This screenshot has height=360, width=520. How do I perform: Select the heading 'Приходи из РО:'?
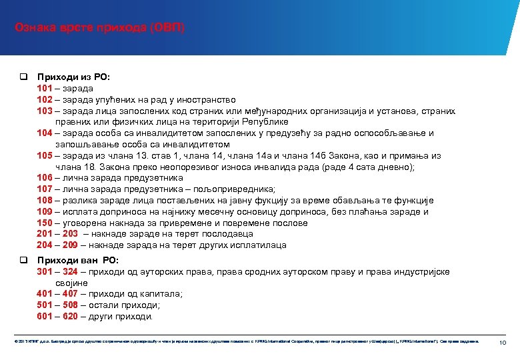(x=69, y=77)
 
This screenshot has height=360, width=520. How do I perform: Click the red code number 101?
(x=45, y=88)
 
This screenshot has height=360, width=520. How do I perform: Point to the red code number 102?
(x=45, y=99)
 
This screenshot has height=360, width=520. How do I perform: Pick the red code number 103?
(x=45, y=111)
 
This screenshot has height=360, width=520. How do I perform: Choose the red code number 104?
(x=45, y=133)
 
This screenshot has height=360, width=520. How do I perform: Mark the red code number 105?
(x=45, y=155)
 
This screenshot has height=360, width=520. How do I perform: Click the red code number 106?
(x=45, y=178)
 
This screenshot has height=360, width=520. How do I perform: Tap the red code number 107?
(x=45, y=189)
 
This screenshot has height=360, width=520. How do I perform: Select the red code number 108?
(x=45, y=200)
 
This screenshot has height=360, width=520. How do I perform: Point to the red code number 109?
(x=45, y=211)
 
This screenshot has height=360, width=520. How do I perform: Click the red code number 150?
(x=45, y=223)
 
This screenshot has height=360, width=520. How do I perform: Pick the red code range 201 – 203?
(x=57, y=234)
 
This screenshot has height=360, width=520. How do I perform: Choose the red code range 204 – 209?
(x=57, y=245)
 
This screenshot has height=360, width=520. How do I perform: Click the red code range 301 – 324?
(x=57, y=271)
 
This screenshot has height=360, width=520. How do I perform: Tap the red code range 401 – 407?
(x=57, y=294)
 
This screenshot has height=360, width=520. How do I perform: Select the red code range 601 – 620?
(x=57, y=317)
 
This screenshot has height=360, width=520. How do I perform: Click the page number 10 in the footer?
(x=503, y=342)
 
